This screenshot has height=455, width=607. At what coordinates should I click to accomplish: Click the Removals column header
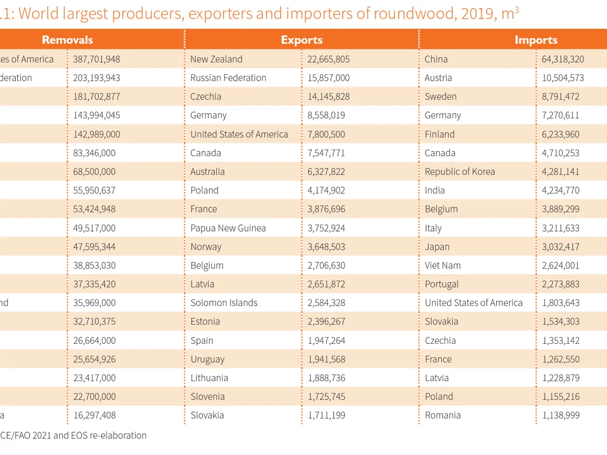[67, 40]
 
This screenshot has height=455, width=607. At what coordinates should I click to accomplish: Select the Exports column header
[301, 40]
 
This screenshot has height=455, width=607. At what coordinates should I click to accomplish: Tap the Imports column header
[536, 40]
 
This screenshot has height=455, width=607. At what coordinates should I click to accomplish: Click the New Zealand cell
[216, 59]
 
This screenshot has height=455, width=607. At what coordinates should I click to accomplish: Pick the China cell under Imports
[436, 59]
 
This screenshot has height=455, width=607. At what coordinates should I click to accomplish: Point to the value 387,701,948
[97, 59]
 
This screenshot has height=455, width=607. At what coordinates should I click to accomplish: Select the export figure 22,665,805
[328, 59]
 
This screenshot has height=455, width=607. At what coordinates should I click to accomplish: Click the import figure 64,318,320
[562, 59]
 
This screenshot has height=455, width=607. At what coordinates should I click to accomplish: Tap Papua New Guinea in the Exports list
[228, 228]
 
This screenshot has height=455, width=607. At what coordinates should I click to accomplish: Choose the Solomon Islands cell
[224, 303]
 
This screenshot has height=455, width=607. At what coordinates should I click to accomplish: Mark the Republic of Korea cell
[460, 172]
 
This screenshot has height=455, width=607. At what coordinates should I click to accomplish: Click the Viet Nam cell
[443, 265]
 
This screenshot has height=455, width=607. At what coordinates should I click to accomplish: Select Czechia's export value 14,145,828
[328, 97]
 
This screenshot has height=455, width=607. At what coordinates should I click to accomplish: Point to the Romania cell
[443, 416]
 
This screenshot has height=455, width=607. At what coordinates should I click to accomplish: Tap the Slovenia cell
[207, 397]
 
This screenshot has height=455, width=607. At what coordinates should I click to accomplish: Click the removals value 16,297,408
[94, 416]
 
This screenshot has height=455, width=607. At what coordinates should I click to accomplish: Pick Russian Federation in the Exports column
[228, 78]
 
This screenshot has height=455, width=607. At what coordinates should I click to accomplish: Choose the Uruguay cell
[207, 359]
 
